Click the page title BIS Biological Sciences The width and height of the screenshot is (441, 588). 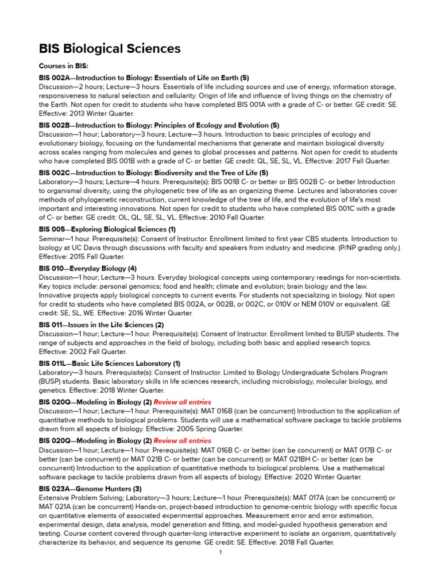tap(110, 49)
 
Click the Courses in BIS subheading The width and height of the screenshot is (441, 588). tap(63, 67)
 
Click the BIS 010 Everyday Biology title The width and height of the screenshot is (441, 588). tap(87, 268)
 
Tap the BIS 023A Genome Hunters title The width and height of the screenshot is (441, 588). tap(90, 489)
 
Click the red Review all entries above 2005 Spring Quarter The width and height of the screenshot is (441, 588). tap(182, 403)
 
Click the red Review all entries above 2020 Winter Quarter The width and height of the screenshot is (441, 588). tap(182, 441)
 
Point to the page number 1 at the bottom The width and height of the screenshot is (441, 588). tap(220, 552)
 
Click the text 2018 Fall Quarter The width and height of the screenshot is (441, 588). tap(300, 543)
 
